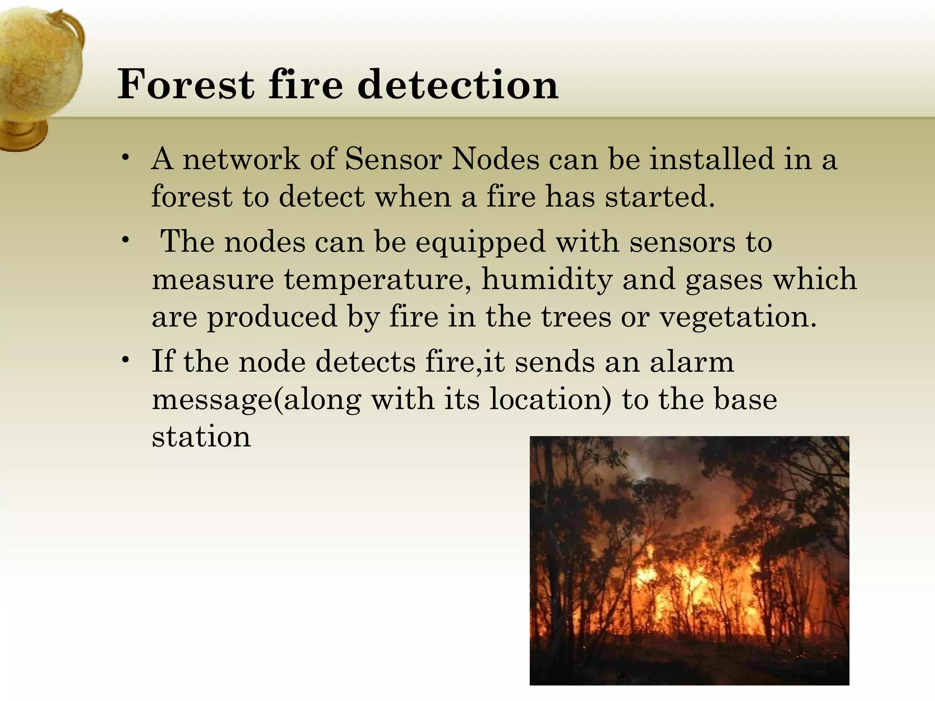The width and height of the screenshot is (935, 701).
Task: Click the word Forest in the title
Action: (185, 84)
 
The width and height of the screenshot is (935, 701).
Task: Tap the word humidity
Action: (547, 279)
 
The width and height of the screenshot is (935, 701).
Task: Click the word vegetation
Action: (737, 317)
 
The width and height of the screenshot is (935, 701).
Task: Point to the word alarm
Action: (691, 362)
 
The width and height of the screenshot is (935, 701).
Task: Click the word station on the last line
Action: (201, 437)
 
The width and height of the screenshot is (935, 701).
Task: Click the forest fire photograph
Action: (689, 560)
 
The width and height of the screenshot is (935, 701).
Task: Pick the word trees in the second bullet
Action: (576, 317)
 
